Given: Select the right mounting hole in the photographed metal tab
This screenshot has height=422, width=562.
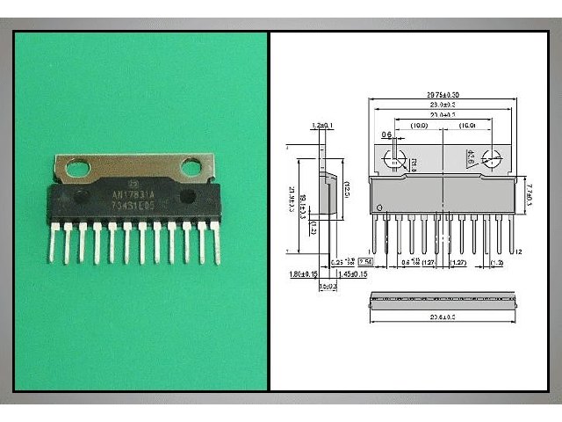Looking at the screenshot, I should click(x=191, y=166).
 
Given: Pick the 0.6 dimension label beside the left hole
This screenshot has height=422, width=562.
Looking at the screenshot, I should click(x=386, y=135).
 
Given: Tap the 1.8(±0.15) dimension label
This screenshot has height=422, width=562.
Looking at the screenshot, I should click(x=305, y=275).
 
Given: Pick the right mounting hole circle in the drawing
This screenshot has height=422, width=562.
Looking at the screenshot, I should click(x=494, y=160).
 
